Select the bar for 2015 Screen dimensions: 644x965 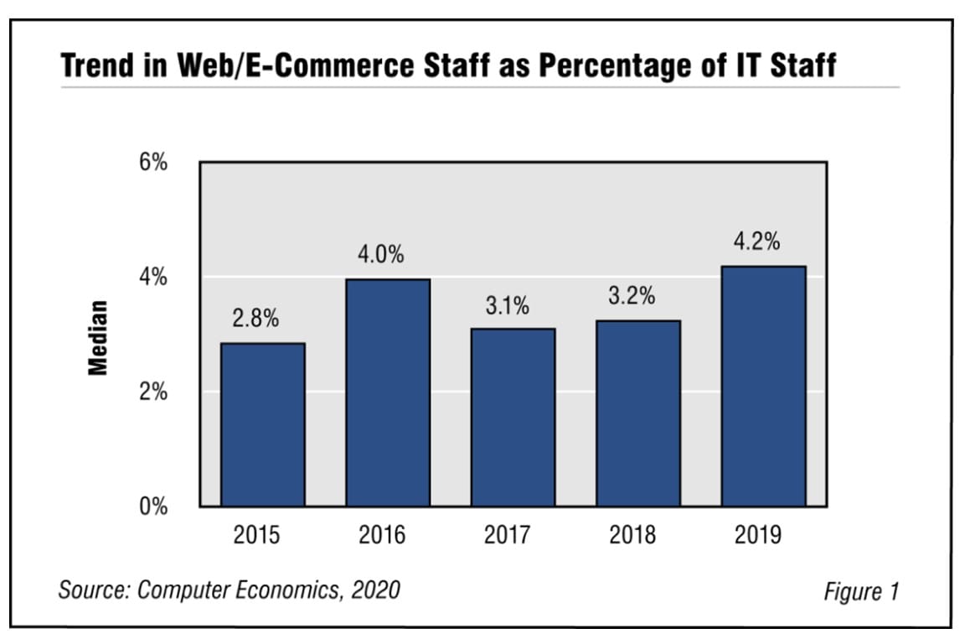262,424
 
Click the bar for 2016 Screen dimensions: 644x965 388,392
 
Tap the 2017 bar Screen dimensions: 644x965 513,417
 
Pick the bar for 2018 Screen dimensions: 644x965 638,413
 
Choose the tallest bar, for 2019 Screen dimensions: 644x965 764,386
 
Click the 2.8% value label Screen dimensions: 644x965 255,319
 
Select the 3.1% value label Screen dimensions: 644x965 507,306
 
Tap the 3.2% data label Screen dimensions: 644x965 632,297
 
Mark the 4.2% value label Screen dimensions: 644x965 757,242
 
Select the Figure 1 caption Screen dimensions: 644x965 861,591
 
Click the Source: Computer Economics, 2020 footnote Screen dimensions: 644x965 229,589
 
